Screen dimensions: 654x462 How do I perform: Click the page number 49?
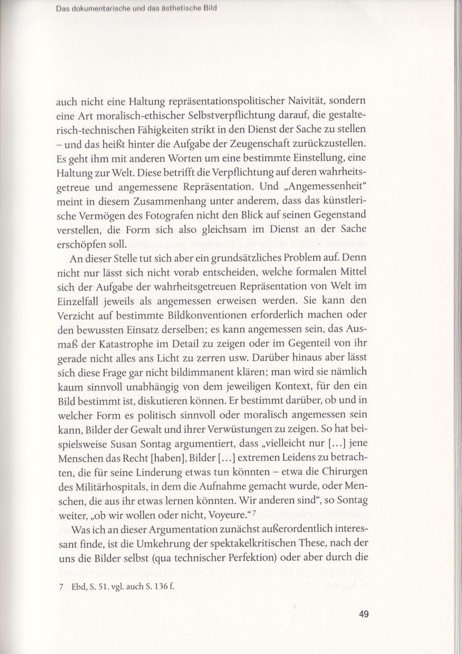363,614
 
